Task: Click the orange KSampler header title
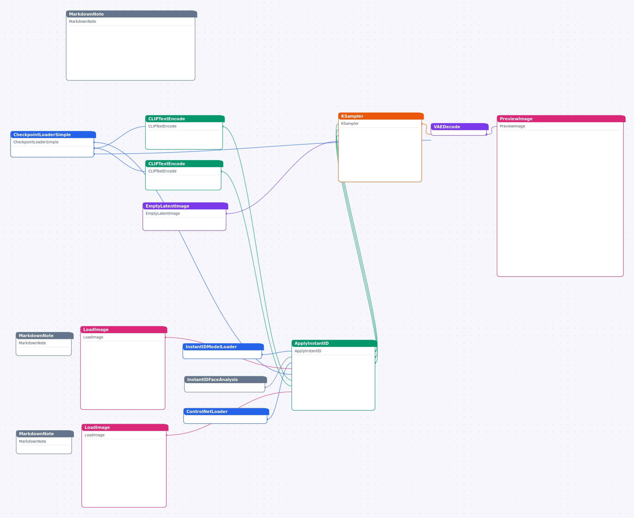(x=352, y=116)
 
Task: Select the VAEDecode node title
(x=446, y=127)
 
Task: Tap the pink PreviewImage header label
(x=516, y=119)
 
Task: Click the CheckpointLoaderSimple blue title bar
(x=53, y=135)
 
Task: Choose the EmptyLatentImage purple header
(x=185, y=206)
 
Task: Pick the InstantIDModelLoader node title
(x=211, y=347)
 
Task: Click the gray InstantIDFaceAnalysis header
(x=226, y=379)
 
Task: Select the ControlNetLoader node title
(x=207, y=411)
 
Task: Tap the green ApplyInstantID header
(x=334, y=343)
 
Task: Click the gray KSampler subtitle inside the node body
(x=350, y=123)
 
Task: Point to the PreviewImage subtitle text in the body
(x=512, y=126)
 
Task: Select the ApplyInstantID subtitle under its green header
(x=308, y=351)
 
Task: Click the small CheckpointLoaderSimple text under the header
(x=36, y=142)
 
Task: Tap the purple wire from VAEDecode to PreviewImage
(x=492, y=130)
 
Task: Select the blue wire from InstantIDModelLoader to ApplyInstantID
(x=277, y=353)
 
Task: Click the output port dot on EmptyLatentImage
(x=226, y=214)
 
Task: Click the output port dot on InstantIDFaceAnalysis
(x=265, y=387)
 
